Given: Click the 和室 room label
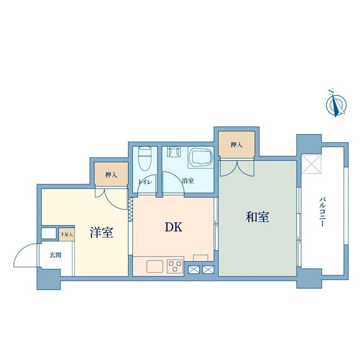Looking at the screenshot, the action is [257, 217].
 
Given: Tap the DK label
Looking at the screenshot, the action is [174, 227].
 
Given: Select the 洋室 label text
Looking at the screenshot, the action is [101, 232].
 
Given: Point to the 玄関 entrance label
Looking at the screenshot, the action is [56, 255].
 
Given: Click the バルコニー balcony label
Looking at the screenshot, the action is [322, 211].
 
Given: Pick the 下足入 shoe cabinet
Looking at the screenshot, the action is [67, 234].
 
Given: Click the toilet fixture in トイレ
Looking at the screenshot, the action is [144, 158].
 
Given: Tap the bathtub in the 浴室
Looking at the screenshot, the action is [201, 157].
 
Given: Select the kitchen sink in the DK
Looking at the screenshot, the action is [155, 266].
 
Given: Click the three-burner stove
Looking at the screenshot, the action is [175, 266].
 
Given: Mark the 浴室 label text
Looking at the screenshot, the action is [188, 181].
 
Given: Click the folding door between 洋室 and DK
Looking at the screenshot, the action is [130, 209].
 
